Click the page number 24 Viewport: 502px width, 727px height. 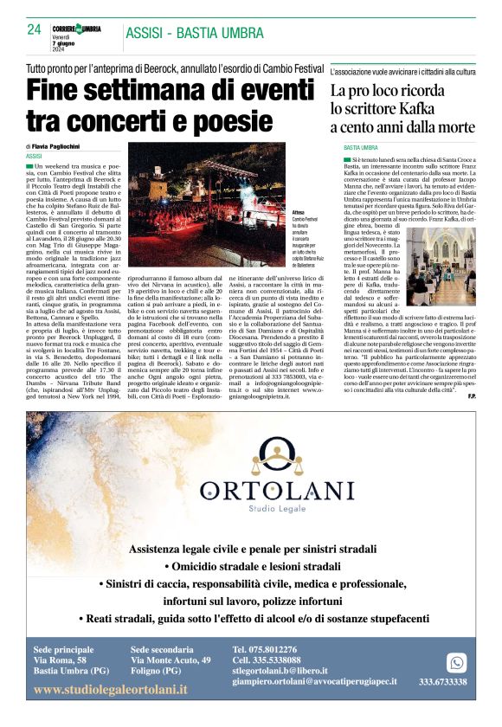[34, 29]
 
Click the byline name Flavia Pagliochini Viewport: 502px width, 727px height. [62, 146]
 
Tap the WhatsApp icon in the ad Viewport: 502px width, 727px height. [456, 662]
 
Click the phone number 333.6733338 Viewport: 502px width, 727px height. [443, 682]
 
